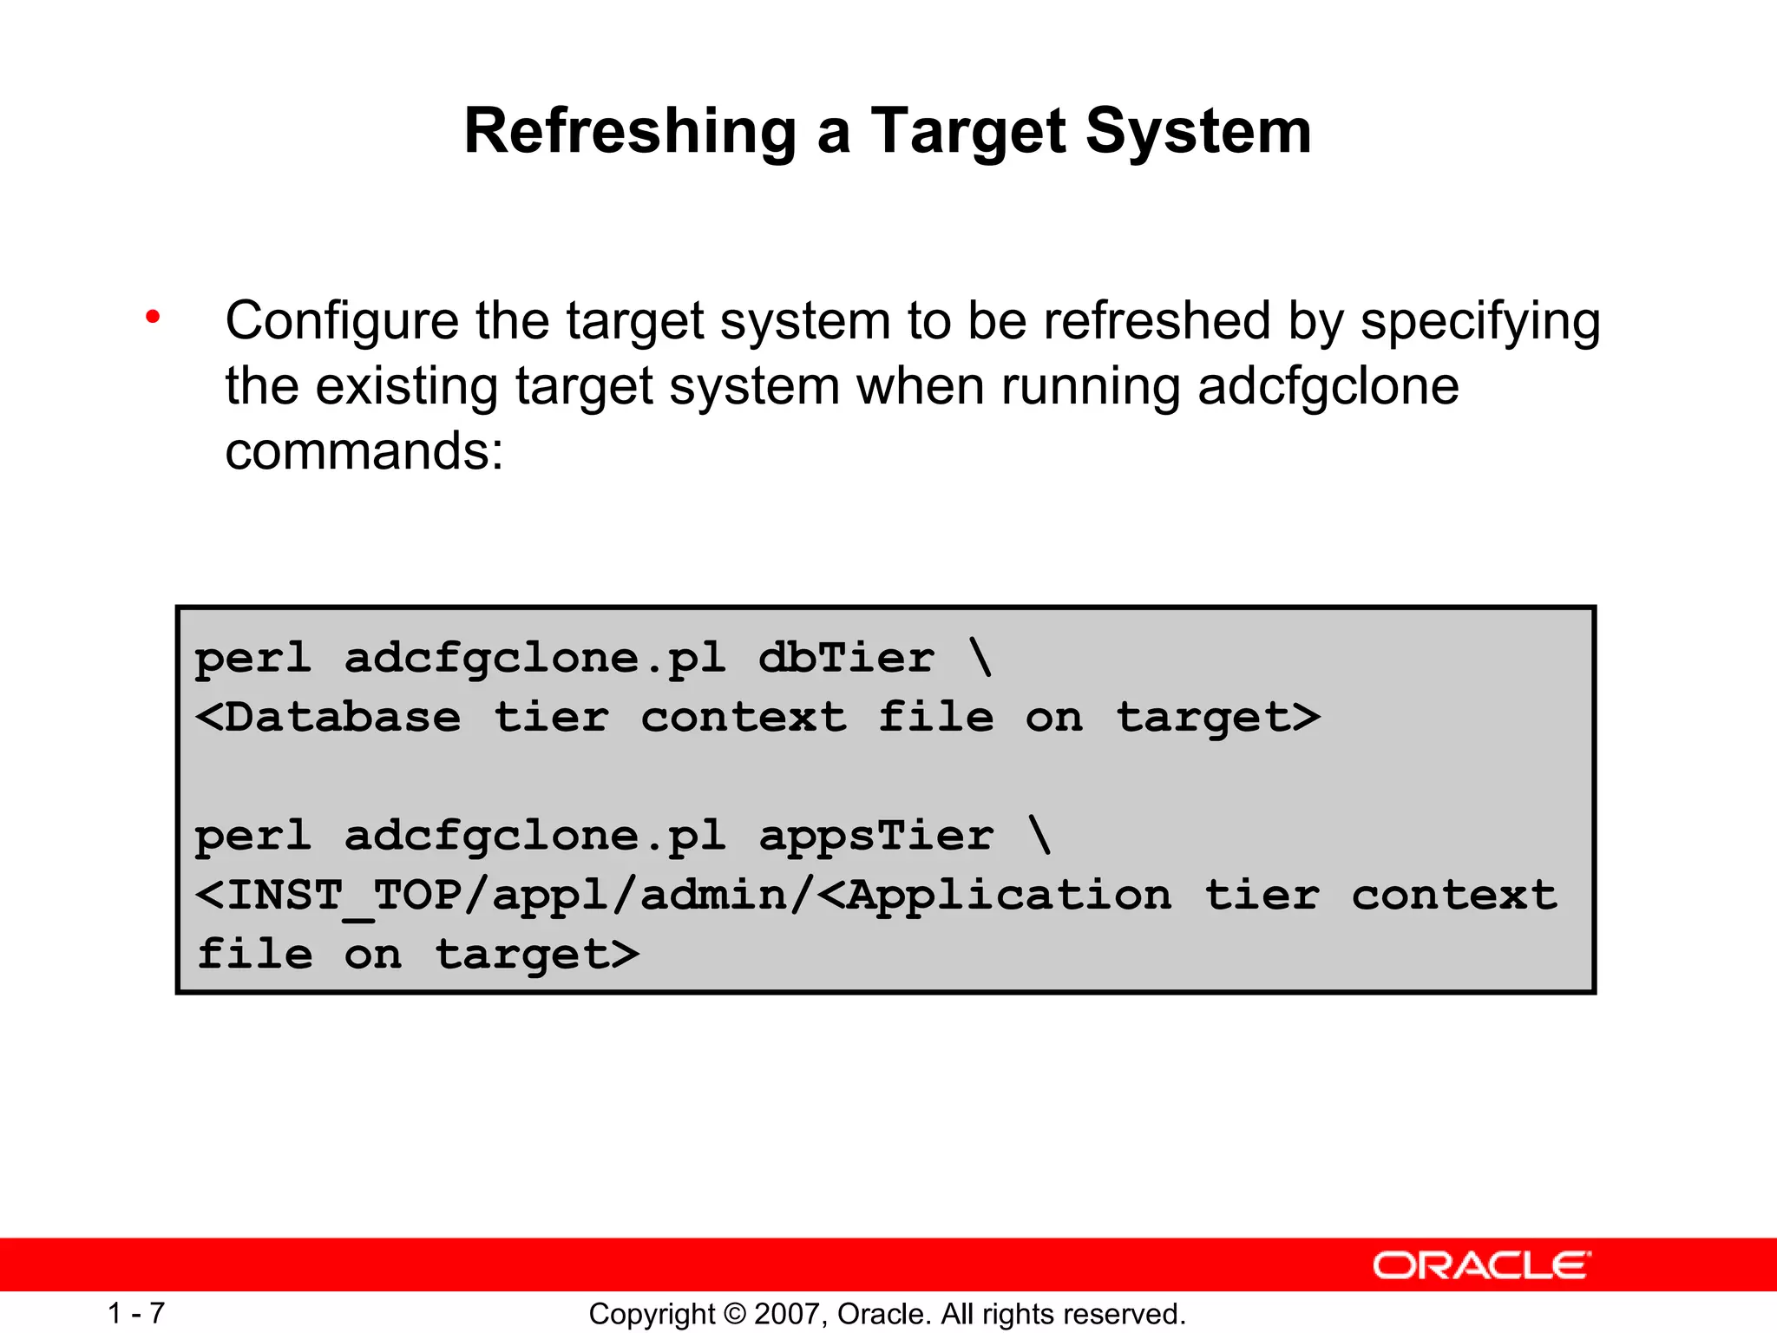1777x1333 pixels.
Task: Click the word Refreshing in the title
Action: [630, 132]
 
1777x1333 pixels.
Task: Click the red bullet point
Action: [154, 318]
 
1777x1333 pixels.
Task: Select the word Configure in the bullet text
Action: [342, 321]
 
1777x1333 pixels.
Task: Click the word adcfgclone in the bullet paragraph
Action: [1328, 386]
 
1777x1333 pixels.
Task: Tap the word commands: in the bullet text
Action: [364, 451]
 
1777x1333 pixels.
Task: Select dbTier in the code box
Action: [846, 658]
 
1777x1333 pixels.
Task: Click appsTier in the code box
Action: [875, 836]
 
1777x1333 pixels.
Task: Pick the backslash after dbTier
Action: [980, 658]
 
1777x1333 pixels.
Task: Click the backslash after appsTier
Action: [1039, 836]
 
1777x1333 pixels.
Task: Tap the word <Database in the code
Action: [328, 718]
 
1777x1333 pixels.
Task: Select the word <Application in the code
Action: [994, 896]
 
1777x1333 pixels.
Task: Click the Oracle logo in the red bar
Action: [1481, 1265]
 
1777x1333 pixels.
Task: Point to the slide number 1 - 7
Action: [136, 1313]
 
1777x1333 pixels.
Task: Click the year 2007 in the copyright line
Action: [790, 1314]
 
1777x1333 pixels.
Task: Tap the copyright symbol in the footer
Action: [735, 1314]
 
